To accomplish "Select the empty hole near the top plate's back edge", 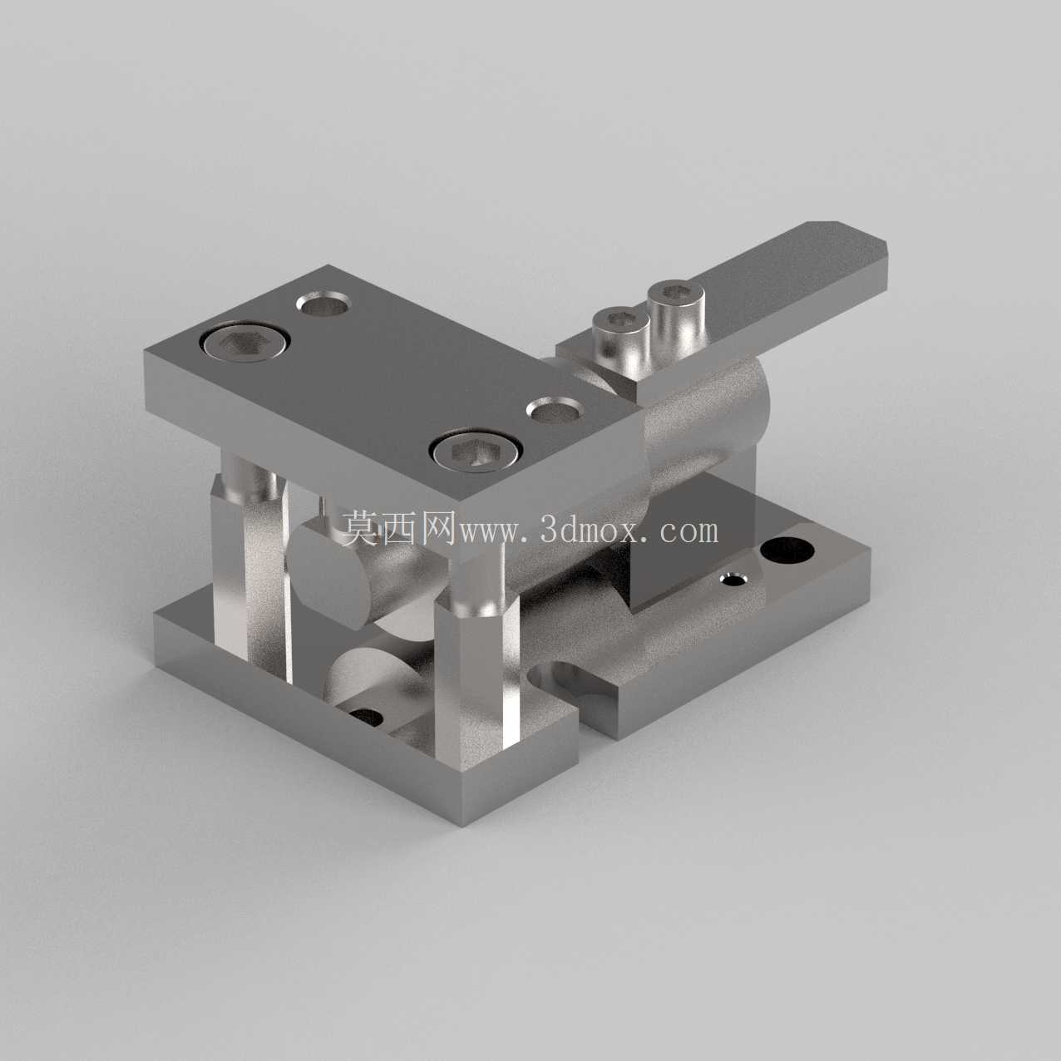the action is point(323,303).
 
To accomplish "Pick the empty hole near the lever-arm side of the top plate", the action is point(555,411).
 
